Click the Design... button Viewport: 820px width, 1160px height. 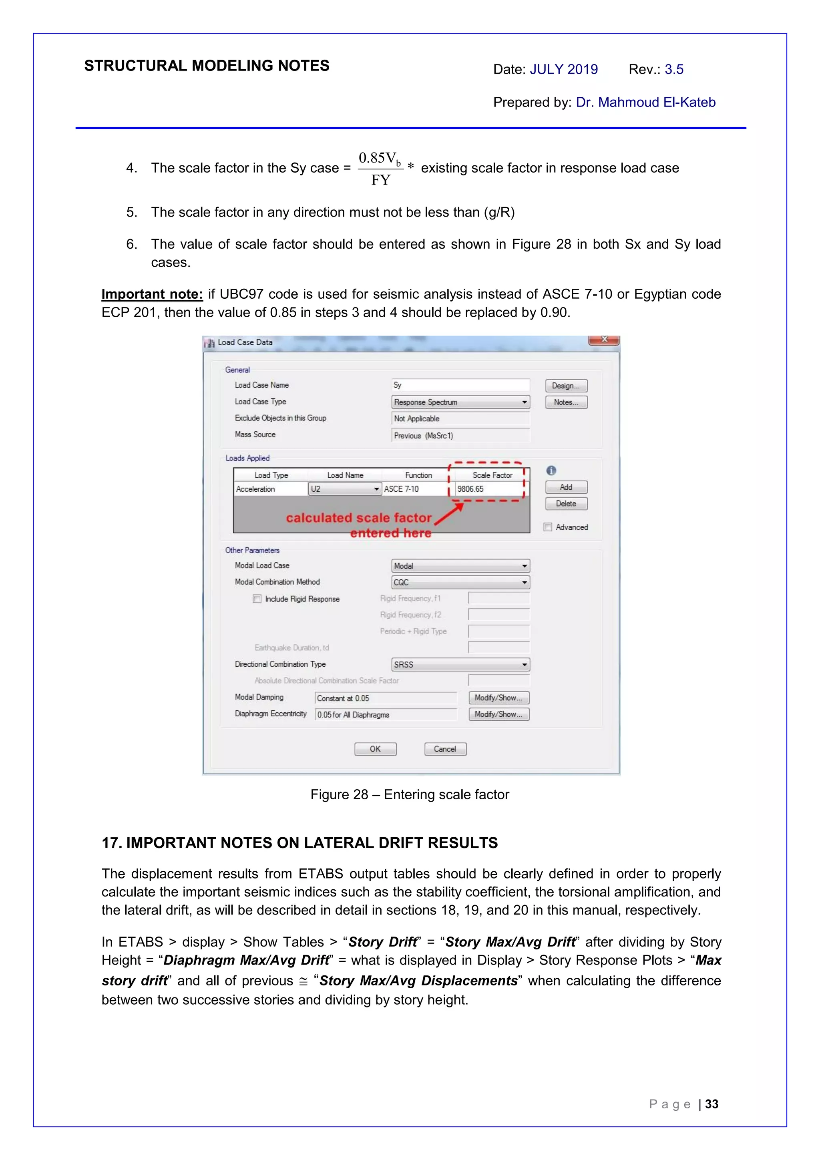[566, 386]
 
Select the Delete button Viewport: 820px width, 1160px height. [566, 504]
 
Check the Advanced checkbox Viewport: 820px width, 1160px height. [548, 527]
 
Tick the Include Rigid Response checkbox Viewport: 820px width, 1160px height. [257, 599]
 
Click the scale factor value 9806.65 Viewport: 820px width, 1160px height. [470, 489]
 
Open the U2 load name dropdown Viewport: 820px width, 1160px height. [376, 489]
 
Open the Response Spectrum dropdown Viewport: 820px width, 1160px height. [524, 402]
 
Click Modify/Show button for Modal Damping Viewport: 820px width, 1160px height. [498, 698]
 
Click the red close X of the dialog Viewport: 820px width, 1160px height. [604, 340]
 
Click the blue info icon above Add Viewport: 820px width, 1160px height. [551, 470]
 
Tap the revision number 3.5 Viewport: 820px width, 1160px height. [673, 69]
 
